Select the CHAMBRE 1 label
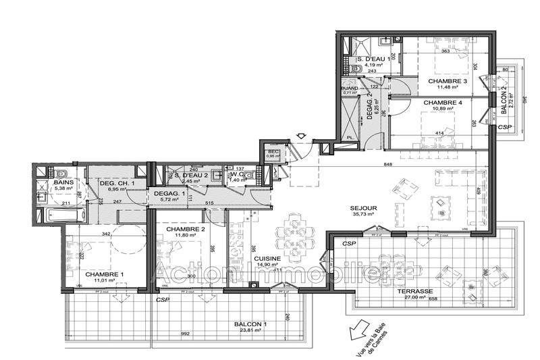104,274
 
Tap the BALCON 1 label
251,324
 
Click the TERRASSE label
418,289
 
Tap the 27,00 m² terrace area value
418,296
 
